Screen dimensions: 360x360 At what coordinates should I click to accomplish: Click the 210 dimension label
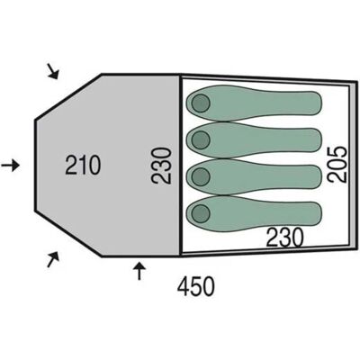(83, 165)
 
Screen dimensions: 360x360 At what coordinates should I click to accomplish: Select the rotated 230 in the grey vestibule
(161, 166)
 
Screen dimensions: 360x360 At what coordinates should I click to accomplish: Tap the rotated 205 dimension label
(337, 164)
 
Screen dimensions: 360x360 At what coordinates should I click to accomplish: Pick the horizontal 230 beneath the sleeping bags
(285, 238)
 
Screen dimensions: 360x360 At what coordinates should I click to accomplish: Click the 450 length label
(196, 286)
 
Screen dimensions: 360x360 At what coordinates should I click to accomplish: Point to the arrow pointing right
(10, 165)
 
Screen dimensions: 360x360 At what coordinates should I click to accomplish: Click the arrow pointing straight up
(139, 270)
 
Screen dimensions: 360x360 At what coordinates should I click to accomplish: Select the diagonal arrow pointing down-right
(53, 71)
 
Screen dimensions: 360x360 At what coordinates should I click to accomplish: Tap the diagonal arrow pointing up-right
(53, 259)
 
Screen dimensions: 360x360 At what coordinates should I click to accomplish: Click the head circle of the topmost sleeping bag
(201, 103)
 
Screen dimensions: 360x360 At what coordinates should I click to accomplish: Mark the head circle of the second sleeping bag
(201, 139)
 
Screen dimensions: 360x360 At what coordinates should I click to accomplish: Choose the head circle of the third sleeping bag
(201, 176)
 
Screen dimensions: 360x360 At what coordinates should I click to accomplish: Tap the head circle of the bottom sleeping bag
(201, 213)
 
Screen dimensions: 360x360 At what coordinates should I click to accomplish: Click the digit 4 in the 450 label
(184, 286)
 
